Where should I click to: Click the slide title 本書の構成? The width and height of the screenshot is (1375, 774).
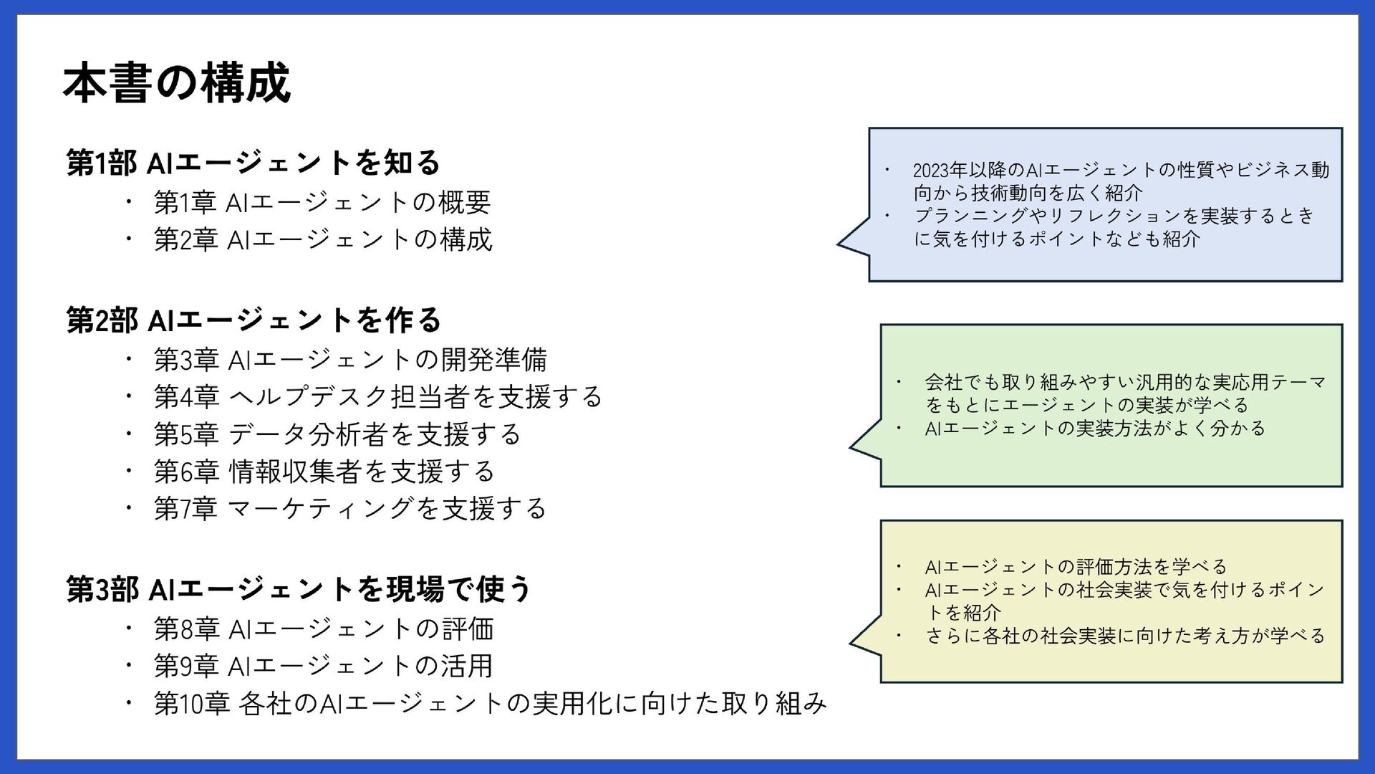point(176,83)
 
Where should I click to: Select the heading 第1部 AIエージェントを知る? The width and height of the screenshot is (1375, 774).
point(253,163)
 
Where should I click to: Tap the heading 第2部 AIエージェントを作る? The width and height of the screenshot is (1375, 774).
point(254,320)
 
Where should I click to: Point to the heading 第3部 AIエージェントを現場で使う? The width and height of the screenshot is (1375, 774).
point(299,590)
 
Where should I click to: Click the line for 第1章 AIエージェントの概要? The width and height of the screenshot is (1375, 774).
point(322,202)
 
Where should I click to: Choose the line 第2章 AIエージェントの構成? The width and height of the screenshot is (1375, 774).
point(323,239)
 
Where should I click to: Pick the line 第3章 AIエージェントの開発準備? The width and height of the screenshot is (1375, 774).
point(350,360)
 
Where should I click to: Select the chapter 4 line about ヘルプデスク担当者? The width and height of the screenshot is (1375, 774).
point(377,397)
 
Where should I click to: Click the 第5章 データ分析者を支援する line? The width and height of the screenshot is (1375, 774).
point(337,434)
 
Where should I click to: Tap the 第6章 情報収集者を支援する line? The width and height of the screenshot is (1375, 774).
point(324,472)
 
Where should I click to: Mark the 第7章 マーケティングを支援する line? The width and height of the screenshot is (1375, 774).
point(349,509)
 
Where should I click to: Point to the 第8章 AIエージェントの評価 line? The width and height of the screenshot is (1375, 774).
point(324,629)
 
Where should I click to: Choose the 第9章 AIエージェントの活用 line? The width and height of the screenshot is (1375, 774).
point(323,666)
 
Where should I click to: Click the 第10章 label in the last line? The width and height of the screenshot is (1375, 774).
point(191,704)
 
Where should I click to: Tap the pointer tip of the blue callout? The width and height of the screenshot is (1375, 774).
point(839,244)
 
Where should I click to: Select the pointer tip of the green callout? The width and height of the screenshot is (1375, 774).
point(851,446)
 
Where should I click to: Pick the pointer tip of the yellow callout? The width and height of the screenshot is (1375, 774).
point(851,643)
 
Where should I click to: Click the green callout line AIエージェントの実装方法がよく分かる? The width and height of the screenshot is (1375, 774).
point(1095,429)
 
